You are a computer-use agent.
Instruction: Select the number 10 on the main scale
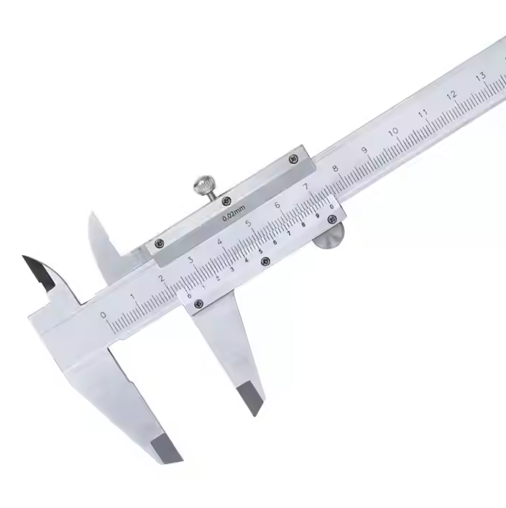[393, 132]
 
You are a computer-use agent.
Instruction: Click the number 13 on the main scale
[480, 77]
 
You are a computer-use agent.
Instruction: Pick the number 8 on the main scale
[335, 169]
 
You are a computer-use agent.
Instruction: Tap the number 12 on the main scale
[451, 95]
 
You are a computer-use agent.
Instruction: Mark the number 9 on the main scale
[364, 151]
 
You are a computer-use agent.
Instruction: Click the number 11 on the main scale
[423, 114]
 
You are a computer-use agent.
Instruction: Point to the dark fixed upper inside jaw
[40, 271]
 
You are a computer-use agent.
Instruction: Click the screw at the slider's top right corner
[293, 160]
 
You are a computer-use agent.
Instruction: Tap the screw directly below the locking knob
[226, 200]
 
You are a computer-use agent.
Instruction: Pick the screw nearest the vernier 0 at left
[198, 304]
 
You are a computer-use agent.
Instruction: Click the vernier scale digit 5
[260, 251]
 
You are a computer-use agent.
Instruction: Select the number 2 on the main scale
[161, 278]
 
